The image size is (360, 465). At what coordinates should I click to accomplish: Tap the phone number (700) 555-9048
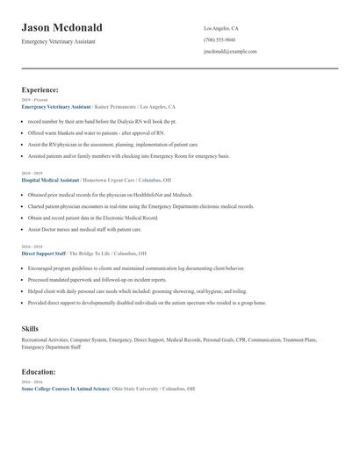point(219,39)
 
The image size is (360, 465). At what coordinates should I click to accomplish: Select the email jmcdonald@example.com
point(230,51)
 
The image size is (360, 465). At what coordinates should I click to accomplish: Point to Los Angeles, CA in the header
point(221,28)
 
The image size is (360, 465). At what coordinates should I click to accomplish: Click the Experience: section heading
point(40,89)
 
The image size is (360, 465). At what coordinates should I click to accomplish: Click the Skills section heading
point(30,328)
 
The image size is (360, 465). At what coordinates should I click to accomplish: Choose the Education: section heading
point(39,372)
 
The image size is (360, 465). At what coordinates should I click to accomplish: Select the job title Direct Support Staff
point(44,253)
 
